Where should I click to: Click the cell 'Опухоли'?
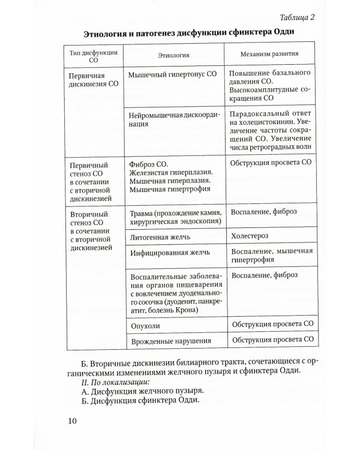[x=144, y=324]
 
